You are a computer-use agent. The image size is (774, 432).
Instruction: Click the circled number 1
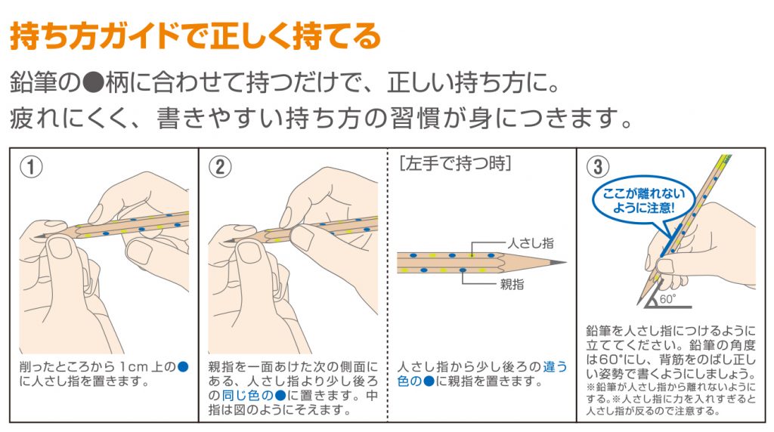pos(31,167)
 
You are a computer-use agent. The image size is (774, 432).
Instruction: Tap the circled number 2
pos(220,167)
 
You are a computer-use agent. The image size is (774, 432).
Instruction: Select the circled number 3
pos(598,167)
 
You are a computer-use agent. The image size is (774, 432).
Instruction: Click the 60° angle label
pos(667,299)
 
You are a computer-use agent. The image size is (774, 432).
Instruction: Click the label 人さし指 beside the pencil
pos(531,243)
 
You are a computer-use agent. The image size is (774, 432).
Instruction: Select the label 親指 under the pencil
pos(512,285)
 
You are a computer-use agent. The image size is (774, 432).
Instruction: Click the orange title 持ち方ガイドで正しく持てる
pos(196,36)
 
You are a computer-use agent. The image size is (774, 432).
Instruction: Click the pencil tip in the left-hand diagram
pos(563,262)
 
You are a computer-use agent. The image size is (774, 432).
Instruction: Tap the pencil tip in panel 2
pos(226,241)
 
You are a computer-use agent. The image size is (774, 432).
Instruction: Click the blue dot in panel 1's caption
pos(183,367)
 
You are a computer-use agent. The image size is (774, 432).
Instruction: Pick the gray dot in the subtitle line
pos(92,83)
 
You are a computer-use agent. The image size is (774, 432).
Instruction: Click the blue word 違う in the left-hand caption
pos(555,367)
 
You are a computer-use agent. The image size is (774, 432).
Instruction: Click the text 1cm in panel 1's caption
pos(134,367)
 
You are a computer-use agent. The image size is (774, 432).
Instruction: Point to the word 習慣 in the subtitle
pos(416,119)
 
